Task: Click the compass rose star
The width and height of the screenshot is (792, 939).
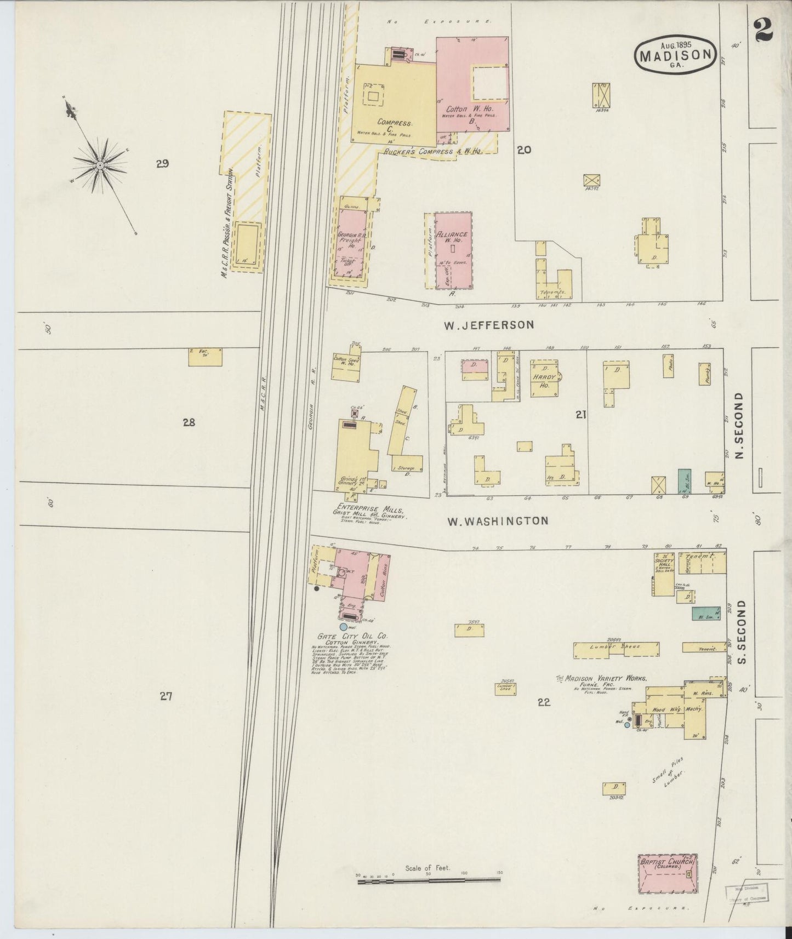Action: click(x=101, y=165)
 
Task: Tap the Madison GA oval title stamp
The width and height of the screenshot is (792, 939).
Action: click(x=676, y=54)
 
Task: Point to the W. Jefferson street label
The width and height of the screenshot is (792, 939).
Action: click(x=488, y=325)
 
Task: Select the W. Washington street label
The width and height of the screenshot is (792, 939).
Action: click(x=498, y=520)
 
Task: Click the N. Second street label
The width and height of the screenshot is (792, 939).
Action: click(x=740, y=425)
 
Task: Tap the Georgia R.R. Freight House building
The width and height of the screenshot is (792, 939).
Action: click(x=351, y=244)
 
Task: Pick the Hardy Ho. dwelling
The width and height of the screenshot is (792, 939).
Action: click(x=544, y=379)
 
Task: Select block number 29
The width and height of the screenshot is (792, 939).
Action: click(x=162, y=163)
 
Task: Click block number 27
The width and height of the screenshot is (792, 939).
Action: click(x=166, y=696)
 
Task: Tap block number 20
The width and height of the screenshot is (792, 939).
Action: click(x=524, y=149)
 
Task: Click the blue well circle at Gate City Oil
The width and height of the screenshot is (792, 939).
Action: click(x=344, y=626)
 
